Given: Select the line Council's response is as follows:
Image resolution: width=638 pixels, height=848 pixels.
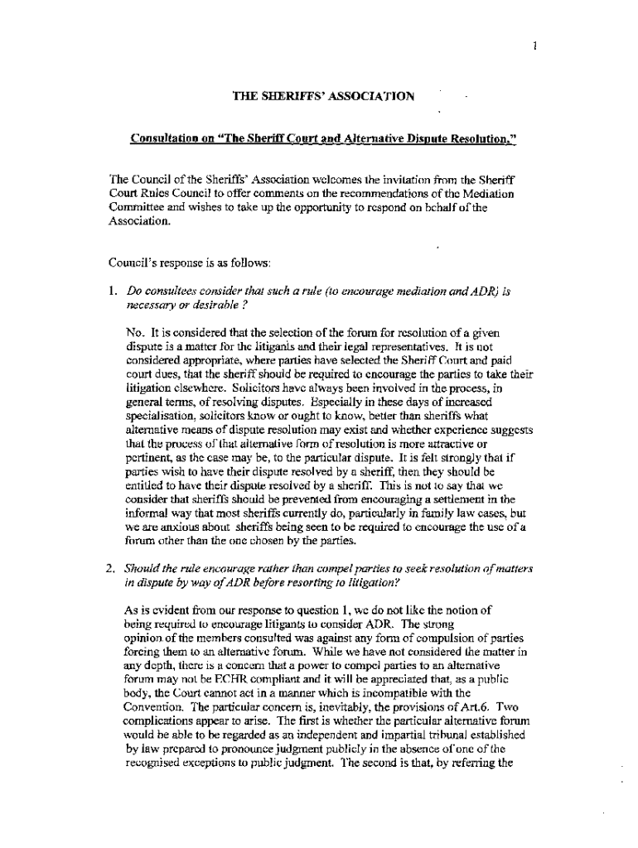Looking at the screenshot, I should tap(177, 263).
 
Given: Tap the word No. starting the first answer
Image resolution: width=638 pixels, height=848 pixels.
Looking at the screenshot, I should tap(137, 333).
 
